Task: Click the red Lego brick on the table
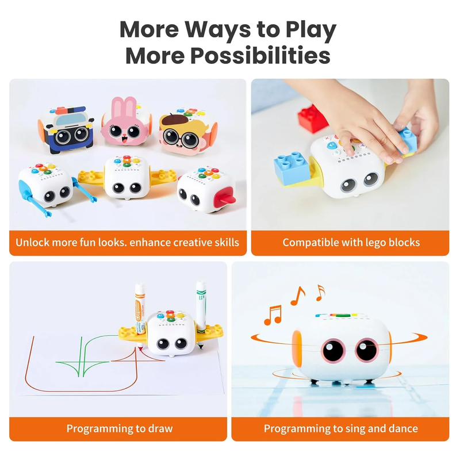pyautogui.click(x=313, y=118)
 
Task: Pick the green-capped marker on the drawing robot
pyautogui.click(x=201, y=305)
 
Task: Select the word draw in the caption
pyautogui.click(x=160, y=428)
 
